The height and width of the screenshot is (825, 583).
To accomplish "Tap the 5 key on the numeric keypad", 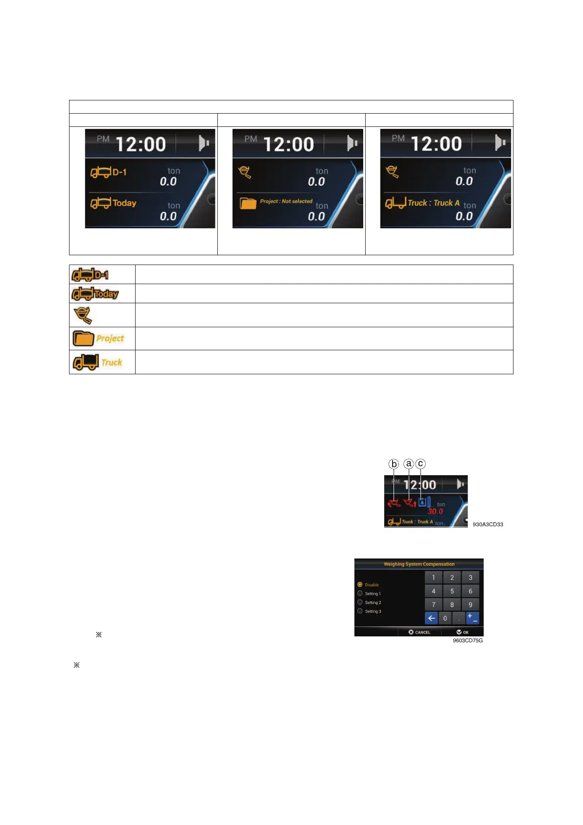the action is pos(452,591).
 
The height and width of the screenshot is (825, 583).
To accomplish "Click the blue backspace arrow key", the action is pos(431,618).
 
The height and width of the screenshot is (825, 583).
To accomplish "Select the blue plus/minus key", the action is pos(472,618).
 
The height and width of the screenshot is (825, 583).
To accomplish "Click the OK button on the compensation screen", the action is pos(463,632).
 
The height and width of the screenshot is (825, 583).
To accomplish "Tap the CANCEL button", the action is pos(420,632).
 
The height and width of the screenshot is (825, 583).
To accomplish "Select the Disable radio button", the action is pos(360,584).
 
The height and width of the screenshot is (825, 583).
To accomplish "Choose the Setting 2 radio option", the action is pos(360,603).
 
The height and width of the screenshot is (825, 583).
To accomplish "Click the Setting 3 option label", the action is pos(373,611).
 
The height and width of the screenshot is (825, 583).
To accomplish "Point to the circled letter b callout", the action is pos(394,464).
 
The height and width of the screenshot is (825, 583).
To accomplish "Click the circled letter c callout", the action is pos(420,463).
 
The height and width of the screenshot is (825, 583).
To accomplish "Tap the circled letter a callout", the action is pos(409,464).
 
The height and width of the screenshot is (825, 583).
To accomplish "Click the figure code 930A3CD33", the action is pos(488,524).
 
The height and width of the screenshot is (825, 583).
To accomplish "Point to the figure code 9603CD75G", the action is pos(467,640).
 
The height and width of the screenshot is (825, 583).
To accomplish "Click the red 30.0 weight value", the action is pos(435,511).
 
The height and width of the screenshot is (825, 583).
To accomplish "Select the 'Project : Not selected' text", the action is pos(286,201).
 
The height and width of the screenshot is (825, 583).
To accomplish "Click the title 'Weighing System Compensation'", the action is pos(419,564).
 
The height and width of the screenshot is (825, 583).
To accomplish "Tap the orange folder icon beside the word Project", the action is pos(83,338).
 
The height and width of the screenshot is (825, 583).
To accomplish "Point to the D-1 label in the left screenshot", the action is pos(119,172).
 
